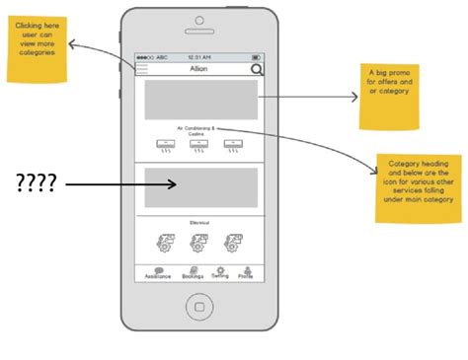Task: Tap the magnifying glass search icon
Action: point(257,70)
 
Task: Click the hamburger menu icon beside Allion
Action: point(142,70)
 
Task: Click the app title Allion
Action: point(200,70)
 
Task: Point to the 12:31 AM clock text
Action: point(200,57)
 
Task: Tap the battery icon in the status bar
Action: point(257,57)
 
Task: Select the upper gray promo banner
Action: point(201,101)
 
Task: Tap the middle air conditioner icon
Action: point(201,147)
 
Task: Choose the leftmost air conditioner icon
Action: point(168,147)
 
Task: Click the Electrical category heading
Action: point(201,223)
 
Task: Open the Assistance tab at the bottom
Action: point(158,273)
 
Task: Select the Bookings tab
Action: point(192,273)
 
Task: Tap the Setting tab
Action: point(220,273)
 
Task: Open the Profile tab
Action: point(246,273)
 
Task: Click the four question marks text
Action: point(36,182)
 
